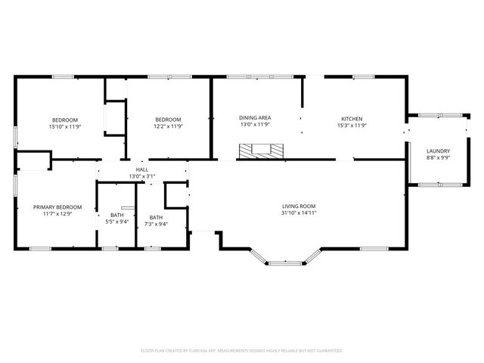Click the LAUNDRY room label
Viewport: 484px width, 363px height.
(x=438, y=151)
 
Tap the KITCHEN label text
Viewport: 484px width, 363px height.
(x=352, y=119)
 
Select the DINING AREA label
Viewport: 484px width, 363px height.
(x=255, y=118)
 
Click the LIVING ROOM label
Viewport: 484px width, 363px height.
(x=299, y=206)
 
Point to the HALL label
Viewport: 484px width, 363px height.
(x=142, y=169)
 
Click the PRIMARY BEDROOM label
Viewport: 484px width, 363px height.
(x=57, y=206)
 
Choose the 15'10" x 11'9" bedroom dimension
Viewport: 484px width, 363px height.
(x=65, y=127)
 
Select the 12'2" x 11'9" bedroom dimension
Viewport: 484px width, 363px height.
(x=168, y=127)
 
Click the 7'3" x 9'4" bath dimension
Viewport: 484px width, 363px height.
(x=156, y=224)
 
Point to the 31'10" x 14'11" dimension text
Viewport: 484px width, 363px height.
(x=299, y=213)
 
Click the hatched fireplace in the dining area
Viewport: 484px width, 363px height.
(x=262, y=152)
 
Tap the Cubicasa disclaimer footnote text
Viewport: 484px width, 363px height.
(x=242, y=350)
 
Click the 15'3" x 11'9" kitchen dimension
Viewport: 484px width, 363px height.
(x=352, y=126)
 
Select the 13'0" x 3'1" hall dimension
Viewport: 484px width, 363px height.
(x=142, y=176)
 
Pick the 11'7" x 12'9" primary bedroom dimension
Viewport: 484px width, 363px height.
(x=57, y=214)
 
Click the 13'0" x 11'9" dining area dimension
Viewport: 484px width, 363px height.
(x=255, y=126)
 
